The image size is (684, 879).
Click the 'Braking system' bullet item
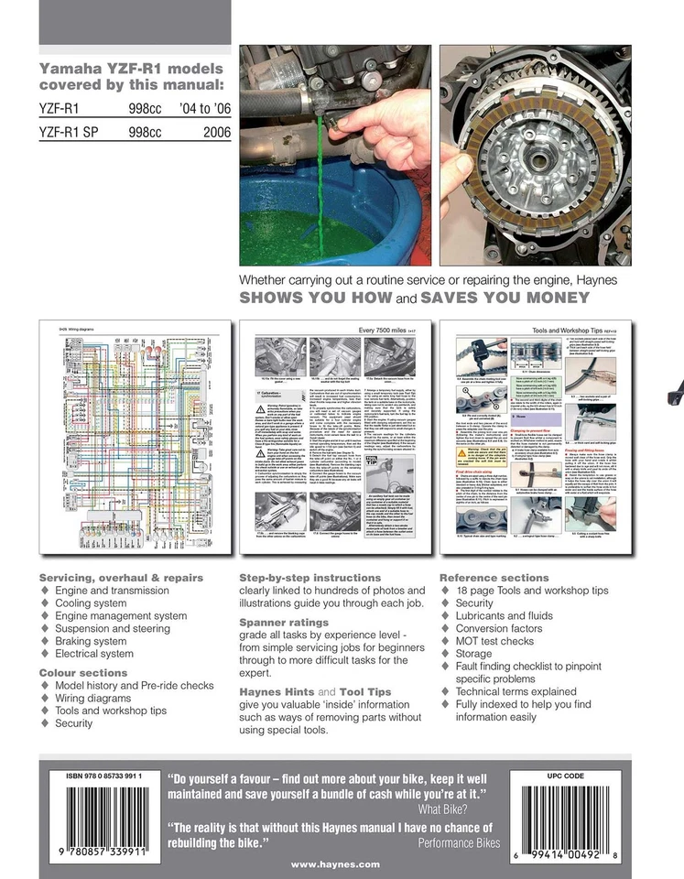(91, 642)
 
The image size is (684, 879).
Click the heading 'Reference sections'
(494, 578)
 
